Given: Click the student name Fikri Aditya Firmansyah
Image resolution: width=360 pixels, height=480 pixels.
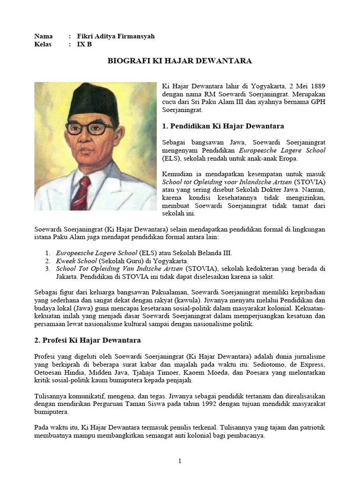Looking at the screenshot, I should coord(115,37).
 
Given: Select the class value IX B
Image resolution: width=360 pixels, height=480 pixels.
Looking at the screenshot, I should coord(84,45).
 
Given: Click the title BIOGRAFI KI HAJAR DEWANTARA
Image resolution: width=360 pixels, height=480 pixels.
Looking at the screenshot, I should coord(180,61).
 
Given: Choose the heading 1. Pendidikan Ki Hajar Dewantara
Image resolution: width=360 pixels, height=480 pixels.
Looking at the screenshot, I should coord(223,126).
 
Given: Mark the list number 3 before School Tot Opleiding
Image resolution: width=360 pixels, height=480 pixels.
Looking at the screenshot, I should coord(48,269).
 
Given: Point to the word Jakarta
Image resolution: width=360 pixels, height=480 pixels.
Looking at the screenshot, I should coord(45,277).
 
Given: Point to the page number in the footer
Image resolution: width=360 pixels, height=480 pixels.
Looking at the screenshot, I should coord(180,461).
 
